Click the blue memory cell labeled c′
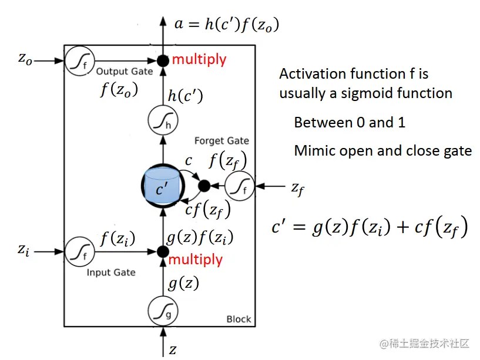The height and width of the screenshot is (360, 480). point(162,187)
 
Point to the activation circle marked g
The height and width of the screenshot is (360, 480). point(162,311)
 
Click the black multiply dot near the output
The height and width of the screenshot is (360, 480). point(162,59)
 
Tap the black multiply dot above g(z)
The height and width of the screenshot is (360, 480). point(162,251)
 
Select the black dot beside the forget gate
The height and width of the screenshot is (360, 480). point(204,186)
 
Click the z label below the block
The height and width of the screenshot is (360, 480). point(173,350)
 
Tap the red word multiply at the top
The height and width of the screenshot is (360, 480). point(199,59)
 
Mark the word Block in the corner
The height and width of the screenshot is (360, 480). point(239,319)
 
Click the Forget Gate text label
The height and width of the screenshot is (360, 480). point(221,141)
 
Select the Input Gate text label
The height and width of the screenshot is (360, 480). point(111,272)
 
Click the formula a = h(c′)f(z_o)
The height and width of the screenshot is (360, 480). point(227,24)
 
